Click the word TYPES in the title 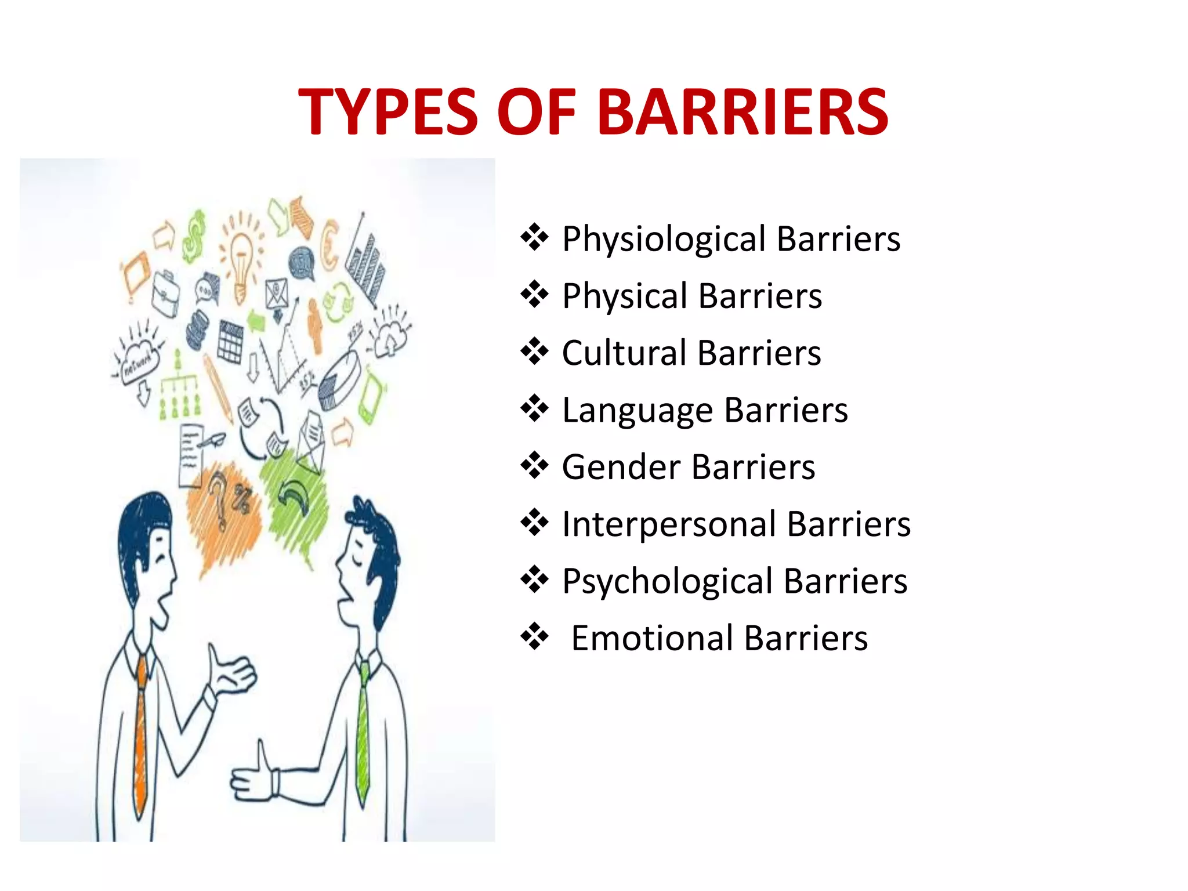point(388,111)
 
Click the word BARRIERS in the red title point(742,111)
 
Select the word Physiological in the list point(664,239)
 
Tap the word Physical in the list point(625,296)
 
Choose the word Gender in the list point(621,467)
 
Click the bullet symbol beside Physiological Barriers point(534,238)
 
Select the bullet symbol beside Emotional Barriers point(534,637)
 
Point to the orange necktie point(140,737)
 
